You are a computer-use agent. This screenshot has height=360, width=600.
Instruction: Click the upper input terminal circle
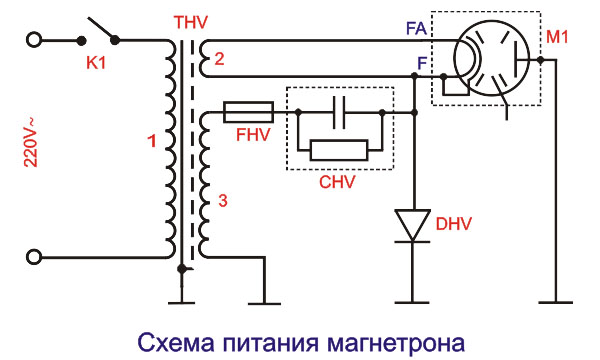tap(35, 41)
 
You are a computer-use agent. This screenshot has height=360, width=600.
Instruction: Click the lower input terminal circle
tap(35, 258)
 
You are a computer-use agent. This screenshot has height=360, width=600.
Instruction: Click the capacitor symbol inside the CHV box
tap(340, 112)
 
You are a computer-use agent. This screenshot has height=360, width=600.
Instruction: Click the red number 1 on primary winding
tap(152, 142)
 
